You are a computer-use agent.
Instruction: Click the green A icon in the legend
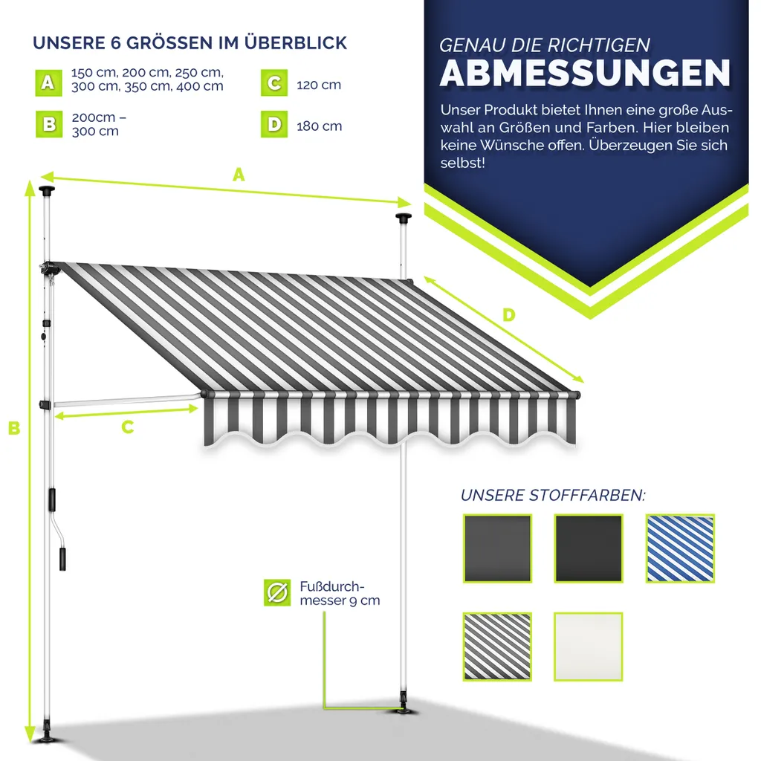(48, 83)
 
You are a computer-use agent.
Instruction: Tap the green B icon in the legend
(48, 125)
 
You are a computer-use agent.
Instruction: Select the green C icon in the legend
(274, 83)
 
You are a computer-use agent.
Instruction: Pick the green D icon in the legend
(274, 125)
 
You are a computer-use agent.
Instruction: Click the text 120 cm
(319, 85)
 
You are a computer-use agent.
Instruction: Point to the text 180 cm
(319, 126)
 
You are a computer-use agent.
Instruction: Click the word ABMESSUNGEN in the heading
(585, 73)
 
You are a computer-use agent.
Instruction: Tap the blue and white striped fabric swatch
(680, 548)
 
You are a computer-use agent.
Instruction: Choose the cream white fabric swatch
(588, 647)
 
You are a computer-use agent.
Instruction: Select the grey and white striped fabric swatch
(496, 647)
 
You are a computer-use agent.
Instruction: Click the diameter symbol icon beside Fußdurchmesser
(277, 592)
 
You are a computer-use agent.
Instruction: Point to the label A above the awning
(238, 175)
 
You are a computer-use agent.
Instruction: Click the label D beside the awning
(508, 315)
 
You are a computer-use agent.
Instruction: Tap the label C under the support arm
(127, 427)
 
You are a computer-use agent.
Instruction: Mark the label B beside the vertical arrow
(13, 429)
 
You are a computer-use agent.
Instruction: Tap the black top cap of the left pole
(48, 191)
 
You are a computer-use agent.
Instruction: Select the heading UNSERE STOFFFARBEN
(553, 496)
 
